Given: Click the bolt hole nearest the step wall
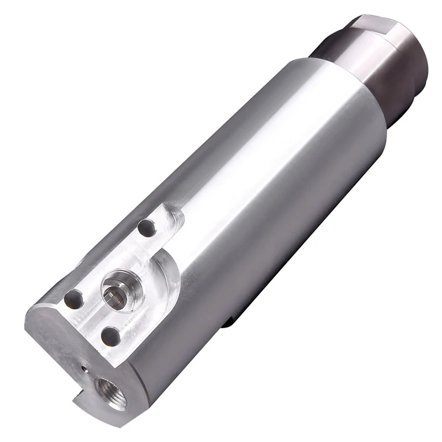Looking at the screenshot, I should (x=147, y=227).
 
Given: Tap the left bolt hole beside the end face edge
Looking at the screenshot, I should (x=73, y=301).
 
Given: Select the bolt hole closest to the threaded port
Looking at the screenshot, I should (x=111, y=335).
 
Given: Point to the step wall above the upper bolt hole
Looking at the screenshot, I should (x=166, y=213).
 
